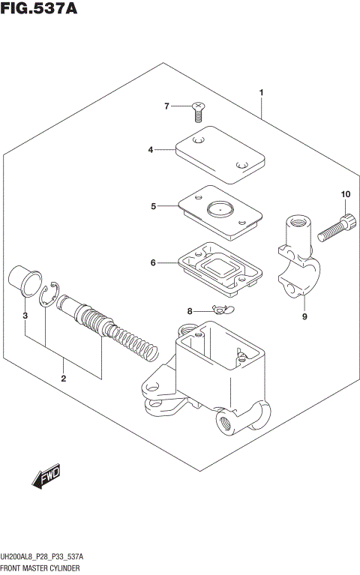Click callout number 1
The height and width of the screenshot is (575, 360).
(261, 93)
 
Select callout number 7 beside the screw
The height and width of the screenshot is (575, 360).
(167, 106)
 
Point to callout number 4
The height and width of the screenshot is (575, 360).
(151, 150)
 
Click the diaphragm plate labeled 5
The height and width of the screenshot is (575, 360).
(220, 208)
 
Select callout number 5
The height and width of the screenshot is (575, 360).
(153, 205)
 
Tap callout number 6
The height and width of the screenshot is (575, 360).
(153, 263)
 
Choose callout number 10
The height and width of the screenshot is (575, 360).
(345, 195)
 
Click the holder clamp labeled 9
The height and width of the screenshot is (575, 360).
(300, 262)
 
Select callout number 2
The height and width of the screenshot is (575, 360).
(64, 379)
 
